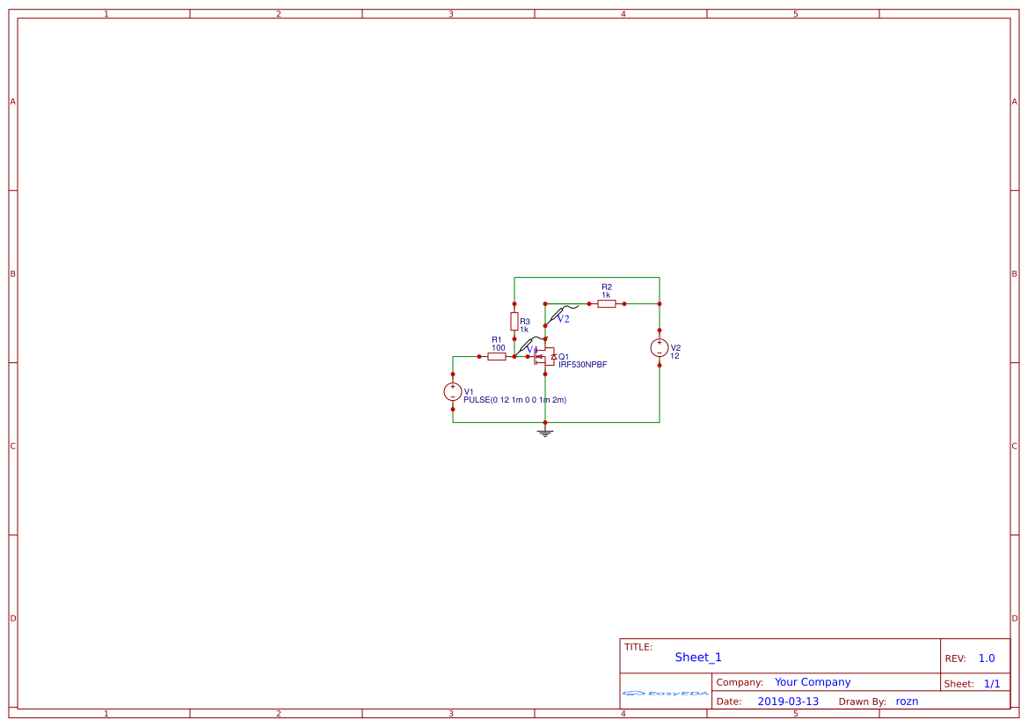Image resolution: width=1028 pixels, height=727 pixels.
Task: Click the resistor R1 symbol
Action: tap(497, 356)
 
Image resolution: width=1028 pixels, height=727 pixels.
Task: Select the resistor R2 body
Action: tap(606, 303)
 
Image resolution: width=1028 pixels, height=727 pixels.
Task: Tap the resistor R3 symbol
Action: tap(514, 321)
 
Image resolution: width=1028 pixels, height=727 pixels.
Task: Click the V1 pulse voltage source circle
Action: tap(453, 392)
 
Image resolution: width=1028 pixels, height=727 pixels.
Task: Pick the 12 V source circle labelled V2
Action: tap(659, 348)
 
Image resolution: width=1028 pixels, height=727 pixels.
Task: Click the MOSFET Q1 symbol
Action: tap(543, 356)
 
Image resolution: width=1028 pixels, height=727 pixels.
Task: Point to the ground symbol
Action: tap(545, 432)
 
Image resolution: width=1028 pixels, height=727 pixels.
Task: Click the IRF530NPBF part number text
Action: tap(582, 364)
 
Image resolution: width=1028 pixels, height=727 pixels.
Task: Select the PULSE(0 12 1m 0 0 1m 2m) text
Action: tap(514, 400)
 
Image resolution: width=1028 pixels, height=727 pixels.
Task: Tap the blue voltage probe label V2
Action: tap(563, 319)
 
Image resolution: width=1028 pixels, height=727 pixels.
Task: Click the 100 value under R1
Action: tap(498, 348)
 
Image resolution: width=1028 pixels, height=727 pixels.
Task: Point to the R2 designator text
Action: tap(606, 287)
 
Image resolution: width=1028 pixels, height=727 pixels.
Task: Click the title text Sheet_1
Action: tap(698, 658)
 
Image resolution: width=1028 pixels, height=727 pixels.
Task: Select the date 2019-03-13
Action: tap(788, 702)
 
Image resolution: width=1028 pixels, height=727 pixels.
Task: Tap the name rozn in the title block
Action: tap(907, 702)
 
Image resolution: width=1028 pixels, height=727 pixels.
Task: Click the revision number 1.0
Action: tap(987, 658)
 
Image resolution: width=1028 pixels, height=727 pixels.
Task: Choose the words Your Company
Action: tap(813, 682)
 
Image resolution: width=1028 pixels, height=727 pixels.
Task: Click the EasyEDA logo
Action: tap(665, 693)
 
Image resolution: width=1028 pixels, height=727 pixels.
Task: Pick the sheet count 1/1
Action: tap(991, 683)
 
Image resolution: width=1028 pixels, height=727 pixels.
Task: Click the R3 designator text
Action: tap(525, 322)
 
